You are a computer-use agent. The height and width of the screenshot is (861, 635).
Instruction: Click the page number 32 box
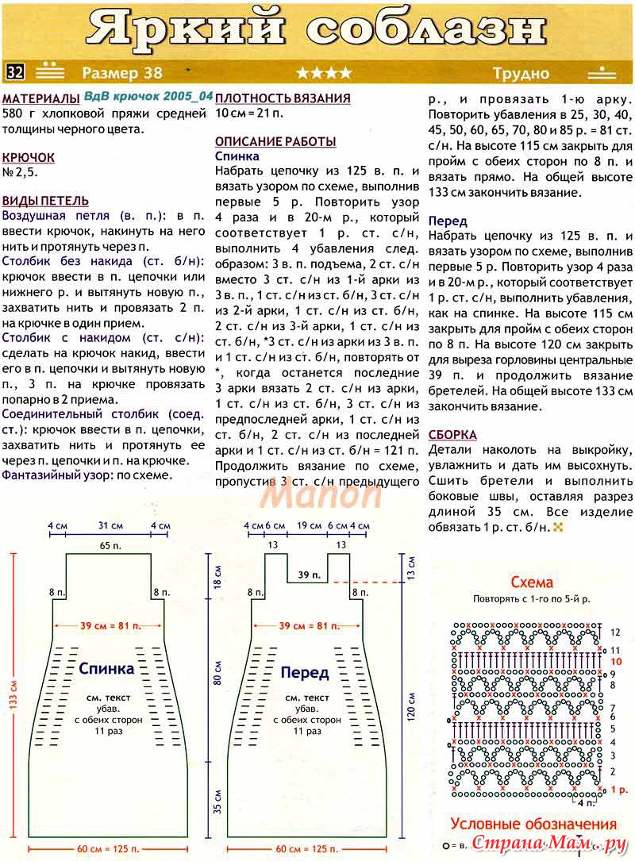click(x=15, y=72)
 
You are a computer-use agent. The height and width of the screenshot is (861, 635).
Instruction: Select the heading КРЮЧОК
click(x=29, y=158)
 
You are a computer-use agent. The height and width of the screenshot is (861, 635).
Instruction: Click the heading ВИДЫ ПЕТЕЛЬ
click(x=45, y=201)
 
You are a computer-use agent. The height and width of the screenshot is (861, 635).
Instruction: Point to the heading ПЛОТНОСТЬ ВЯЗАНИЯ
click(x=283, y=98)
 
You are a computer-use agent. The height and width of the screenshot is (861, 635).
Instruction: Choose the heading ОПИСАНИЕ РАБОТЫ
click(x=275, y=141)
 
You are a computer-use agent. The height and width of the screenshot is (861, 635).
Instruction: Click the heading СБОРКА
click(x=452, y=435)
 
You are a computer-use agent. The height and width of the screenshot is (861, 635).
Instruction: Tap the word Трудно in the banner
click(x=520, y=73)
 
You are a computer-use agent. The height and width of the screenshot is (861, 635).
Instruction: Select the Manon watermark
click(x=322, y=494)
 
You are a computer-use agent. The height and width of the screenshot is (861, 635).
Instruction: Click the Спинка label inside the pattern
click(x=106, y=668)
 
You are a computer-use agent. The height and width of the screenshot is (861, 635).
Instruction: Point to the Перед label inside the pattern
click(x=305, y=673)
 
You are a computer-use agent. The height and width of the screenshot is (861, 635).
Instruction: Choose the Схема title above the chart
click(x=532, y=582)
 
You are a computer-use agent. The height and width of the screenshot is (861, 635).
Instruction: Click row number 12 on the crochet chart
click(x=614, y=632)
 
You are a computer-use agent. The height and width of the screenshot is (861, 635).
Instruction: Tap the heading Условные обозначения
click(x=533, y=824)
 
